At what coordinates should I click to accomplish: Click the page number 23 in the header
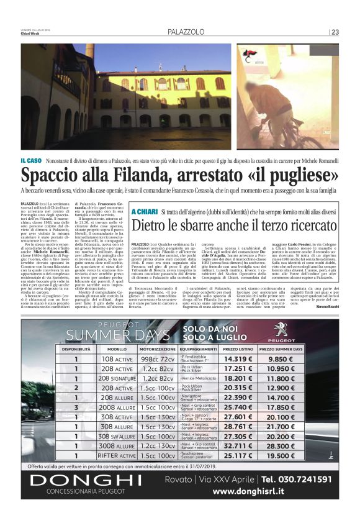click(x=335, y=32)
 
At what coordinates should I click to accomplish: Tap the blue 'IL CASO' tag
click(x=33, y=161)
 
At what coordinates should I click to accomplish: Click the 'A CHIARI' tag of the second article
click(x=144, y=213)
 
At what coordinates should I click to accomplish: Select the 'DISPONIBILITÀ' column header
click(x=76, y=350)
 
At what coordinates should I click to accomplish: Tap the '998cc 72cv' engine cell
click(x=157, y=359)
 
